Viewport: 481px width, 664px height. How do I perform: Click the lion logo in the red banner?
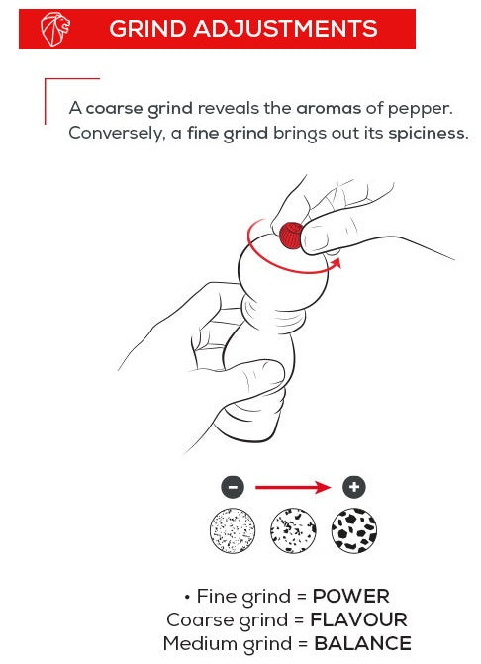coord(55,29)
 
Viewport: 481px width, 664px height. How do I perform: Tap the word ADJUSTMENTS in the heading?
coord(285,29)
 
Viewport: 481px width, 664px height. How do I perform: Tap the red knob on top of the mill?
coord(290,235)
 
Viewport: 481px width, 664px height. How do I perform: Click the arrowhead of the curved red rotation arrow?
coord(336,264)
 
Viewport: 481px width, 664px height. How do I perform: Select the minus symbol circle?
coord(233,487)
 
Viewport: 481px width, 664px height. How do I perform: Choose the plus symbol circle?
coord(354,487)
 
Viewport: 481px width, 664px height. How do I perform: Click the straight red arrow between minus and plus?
coord(293,488)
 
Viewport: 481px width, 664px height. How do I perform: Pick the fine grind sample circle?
coord(233,530)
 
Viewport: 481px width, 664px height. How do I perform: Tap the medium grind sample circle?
coord(293,530)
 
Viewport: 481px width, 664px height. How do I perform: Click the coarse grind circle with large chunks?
coord(354,530)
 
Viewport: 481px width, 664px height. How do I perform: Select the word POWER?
coord(350,597)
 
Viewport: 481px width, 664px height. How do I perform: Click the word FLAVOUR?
coord(358,620)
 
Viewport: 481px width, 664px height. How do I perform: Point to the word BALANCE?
coord(362,644)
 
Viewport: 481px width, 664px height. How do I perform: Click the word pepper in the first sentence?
coord(420,109)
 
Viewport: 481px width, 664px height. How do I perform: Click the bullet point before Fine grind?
coord(187,598)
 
